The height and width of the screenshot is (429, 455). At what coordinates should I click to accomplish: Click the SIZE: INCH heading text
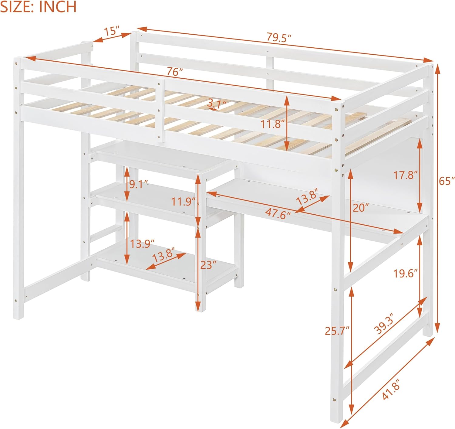click(x=38, y=7)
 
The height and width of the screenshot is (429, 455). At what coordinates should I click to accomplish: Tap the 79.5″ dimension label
click(x=279, y=37)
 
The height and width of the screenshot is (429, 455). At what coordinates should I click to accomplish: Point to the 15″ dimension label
click(x=111, y=31)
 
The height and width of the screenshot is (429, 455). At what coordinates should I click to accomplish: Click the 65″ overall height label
click(x=447, y=181)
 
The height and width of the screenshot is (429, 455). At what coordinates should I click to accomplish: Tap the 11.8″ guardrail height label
click(x=272, y=124)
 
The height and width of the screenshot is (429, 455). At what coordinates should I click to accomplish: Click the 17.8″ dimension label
click(x=405, y=175)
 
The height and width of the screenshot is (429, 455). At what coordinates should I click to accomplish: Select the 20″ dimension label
click(x=361, y=208)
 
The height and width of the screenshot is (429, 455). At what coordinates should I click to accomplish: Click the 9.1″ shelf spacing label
click(x=139, y=184)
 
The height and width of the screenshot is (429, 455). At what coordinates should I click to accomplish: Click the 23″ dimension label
click(x=208, y=265)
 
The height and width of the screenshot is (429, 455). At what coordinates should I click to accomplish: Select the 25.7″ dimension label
click(x=337, y=331)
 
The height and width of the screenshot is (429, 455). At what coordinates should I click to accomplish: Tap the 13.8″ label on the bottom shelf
click(x=164, y=255)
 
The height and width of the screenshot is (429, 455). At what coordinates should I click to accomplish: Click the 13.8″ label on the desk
click(x=307, y=196)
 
